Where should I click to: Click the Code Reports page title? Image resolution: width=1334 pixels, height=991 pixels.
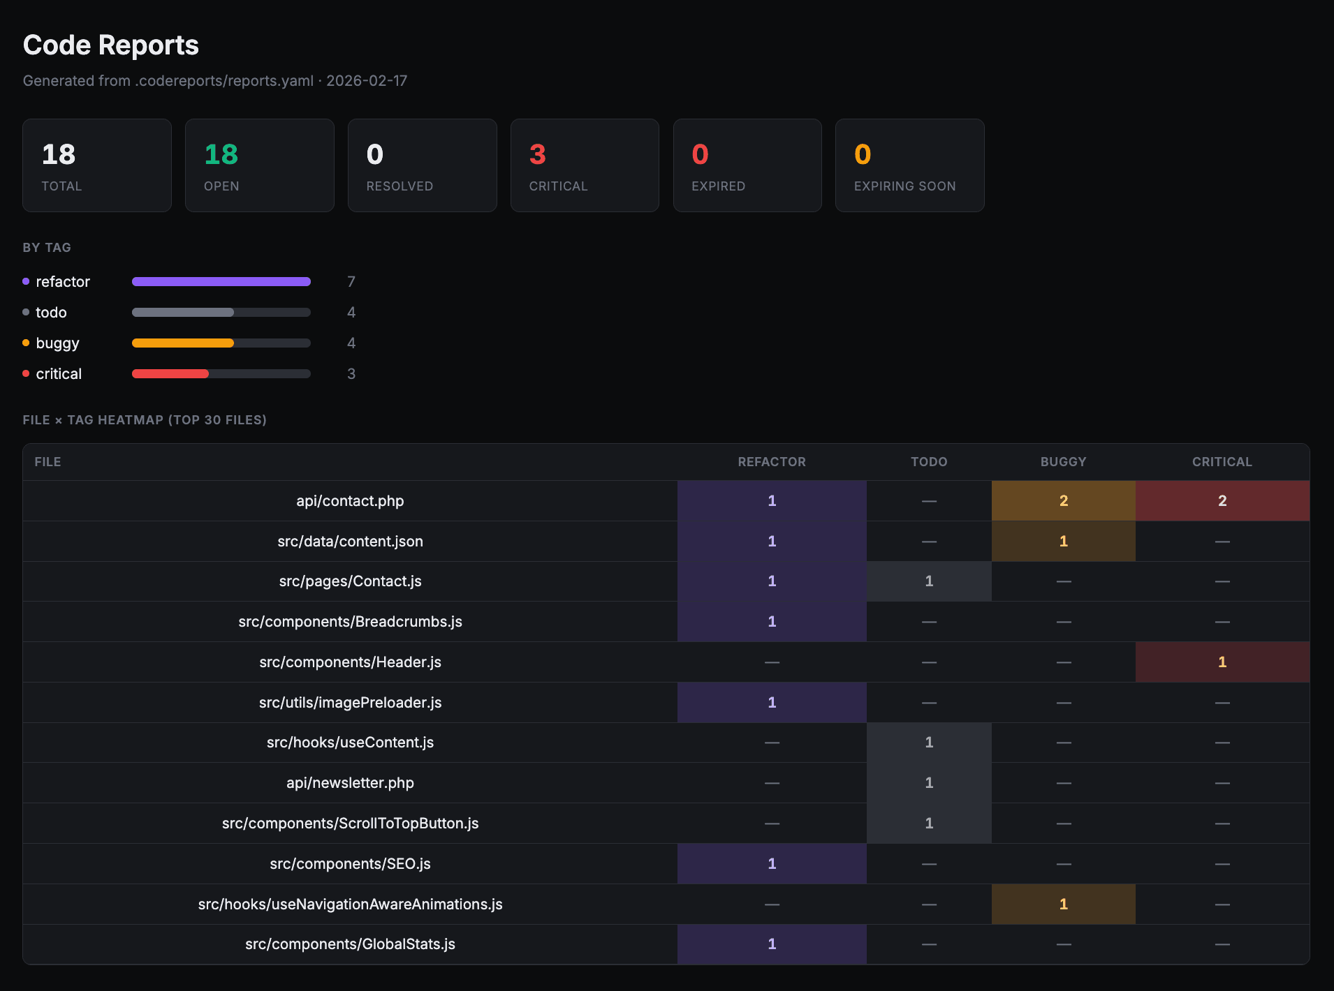pos(110,45)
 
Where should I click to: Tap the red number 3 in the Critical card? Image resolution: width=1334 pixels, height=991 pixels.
pos(537,154)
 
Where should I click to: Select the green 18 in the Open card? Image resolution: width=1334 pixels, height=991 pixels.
pos(221,154)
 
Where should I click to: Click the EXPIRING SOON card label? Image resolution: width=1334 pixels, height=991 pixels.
pos(904,186)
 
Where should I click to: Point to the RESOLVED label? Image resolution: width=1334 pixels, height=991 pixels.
pos(400,186)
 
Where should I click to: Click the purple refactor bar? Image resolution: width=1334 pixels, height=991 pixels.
pos(221,281)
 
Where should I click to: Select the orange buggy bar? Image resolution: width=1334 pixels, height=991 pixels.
pos(183,343)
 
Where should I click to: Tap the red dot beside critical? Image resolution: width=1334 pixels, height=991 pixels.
pos(26,373)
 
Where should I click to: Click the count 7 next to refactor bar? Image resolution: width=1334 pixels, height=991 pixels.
pos(351,281)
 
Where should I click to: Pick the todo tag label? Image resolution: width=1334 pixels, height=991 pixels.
pos(51,312)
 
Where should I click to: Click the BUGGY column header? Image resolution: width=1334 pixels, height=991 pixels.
pos(1063,462)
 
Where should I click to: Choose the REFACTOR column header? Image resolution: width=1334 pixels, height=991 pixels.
pos(771,462)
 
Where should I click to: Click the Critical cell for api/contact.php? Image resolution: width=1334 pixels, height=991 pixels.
pos(1222,500)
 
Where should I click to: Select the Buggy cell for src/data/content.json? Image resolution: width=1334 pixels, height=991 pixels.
pos(1063,541)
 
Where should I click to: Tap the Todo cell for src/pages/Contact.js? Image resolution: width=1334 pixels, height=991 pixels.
pos(928,581)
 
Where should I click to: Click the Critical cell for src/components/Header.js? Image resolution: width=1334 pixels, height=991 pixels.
pos(1222,662)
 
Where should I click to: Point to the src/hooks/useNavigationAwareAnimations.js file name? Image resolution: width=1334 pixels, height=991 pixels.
pos(350,904)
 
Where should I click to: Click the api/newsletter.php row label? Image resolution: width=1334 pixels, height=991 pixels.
pos(350,782)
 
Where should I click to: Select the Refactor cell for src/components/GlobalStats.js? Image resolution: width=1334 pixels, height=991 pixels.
pos(771,944)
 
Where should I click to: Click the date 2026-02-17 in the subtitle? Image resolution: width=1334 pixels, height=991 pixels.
pos(367,81)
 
